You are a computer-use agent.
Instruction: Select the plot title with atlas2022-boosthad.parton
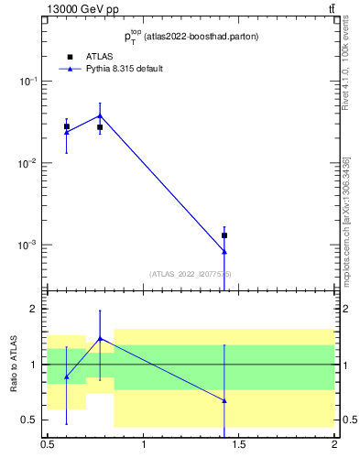(x=191, y=38)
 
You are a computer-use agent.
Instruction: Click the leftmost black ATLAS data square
(x=67, y=126)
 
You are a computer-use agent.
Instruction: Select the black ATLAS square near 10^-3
(x=224, y=235)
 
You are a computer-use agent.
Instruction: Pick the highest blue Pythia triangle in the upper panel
(x=100, y=115)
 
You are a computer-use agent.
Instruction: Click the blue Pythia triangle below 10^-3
(x=224, y=251)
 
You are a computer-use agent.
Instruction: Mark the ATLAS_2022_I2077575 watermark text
(x=191, y=274)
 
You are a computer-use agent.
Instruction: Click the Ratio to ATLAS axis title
(x=16, y=365)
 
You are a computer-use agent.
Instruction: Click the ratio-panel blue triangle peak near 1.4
(x=100, y=338)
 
